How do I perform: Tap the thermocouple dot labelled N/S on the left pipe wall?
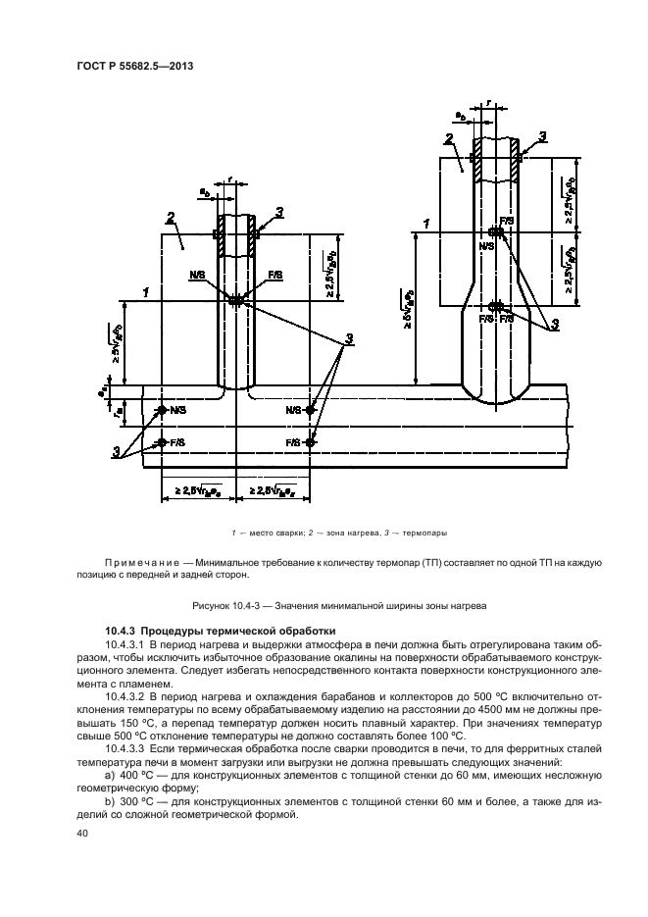click(x=162, y=409)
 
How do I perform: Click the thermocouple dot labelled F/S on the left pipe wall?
click(x=162, y=443)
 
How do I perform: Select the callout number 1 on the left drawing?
click(x=145, y=292)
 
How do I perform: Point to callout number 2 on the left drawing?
click(x=171, y=217)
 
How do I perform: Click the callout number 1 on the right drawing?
click(x=426, y=225)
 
